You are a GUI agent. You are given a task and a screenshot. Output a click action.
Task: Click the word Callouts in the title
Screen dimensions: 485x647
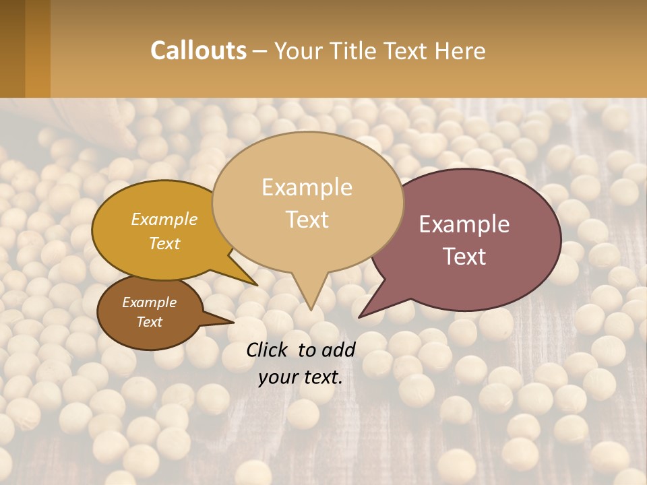198,51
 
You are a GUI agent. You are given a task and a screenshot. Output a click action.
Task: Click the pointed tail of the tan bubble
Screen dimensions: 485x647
310,296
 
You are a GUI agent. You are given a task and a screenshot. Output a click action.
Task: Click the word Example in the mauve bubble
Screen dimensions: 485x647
464,224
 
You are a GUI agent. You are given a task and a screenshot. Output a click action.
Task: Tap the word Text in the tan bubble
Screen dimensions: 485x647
307,219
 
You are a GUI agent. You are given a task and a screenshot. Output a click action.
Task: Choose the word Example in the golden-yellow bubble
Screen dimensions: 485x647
164,219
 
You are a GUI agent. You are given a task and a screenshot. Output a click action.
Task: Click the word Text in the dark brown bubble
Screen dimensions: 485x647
150,321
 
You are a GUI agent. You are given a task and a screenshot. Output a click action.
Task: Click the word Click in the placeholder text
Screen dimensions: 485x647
268,350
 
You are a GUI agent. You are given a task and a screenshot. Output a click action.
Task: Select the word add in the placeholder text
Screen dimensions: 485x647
338,350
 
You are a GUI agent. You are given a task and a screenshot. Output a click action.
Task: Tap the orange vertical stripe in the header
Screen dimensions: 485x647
38,48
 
